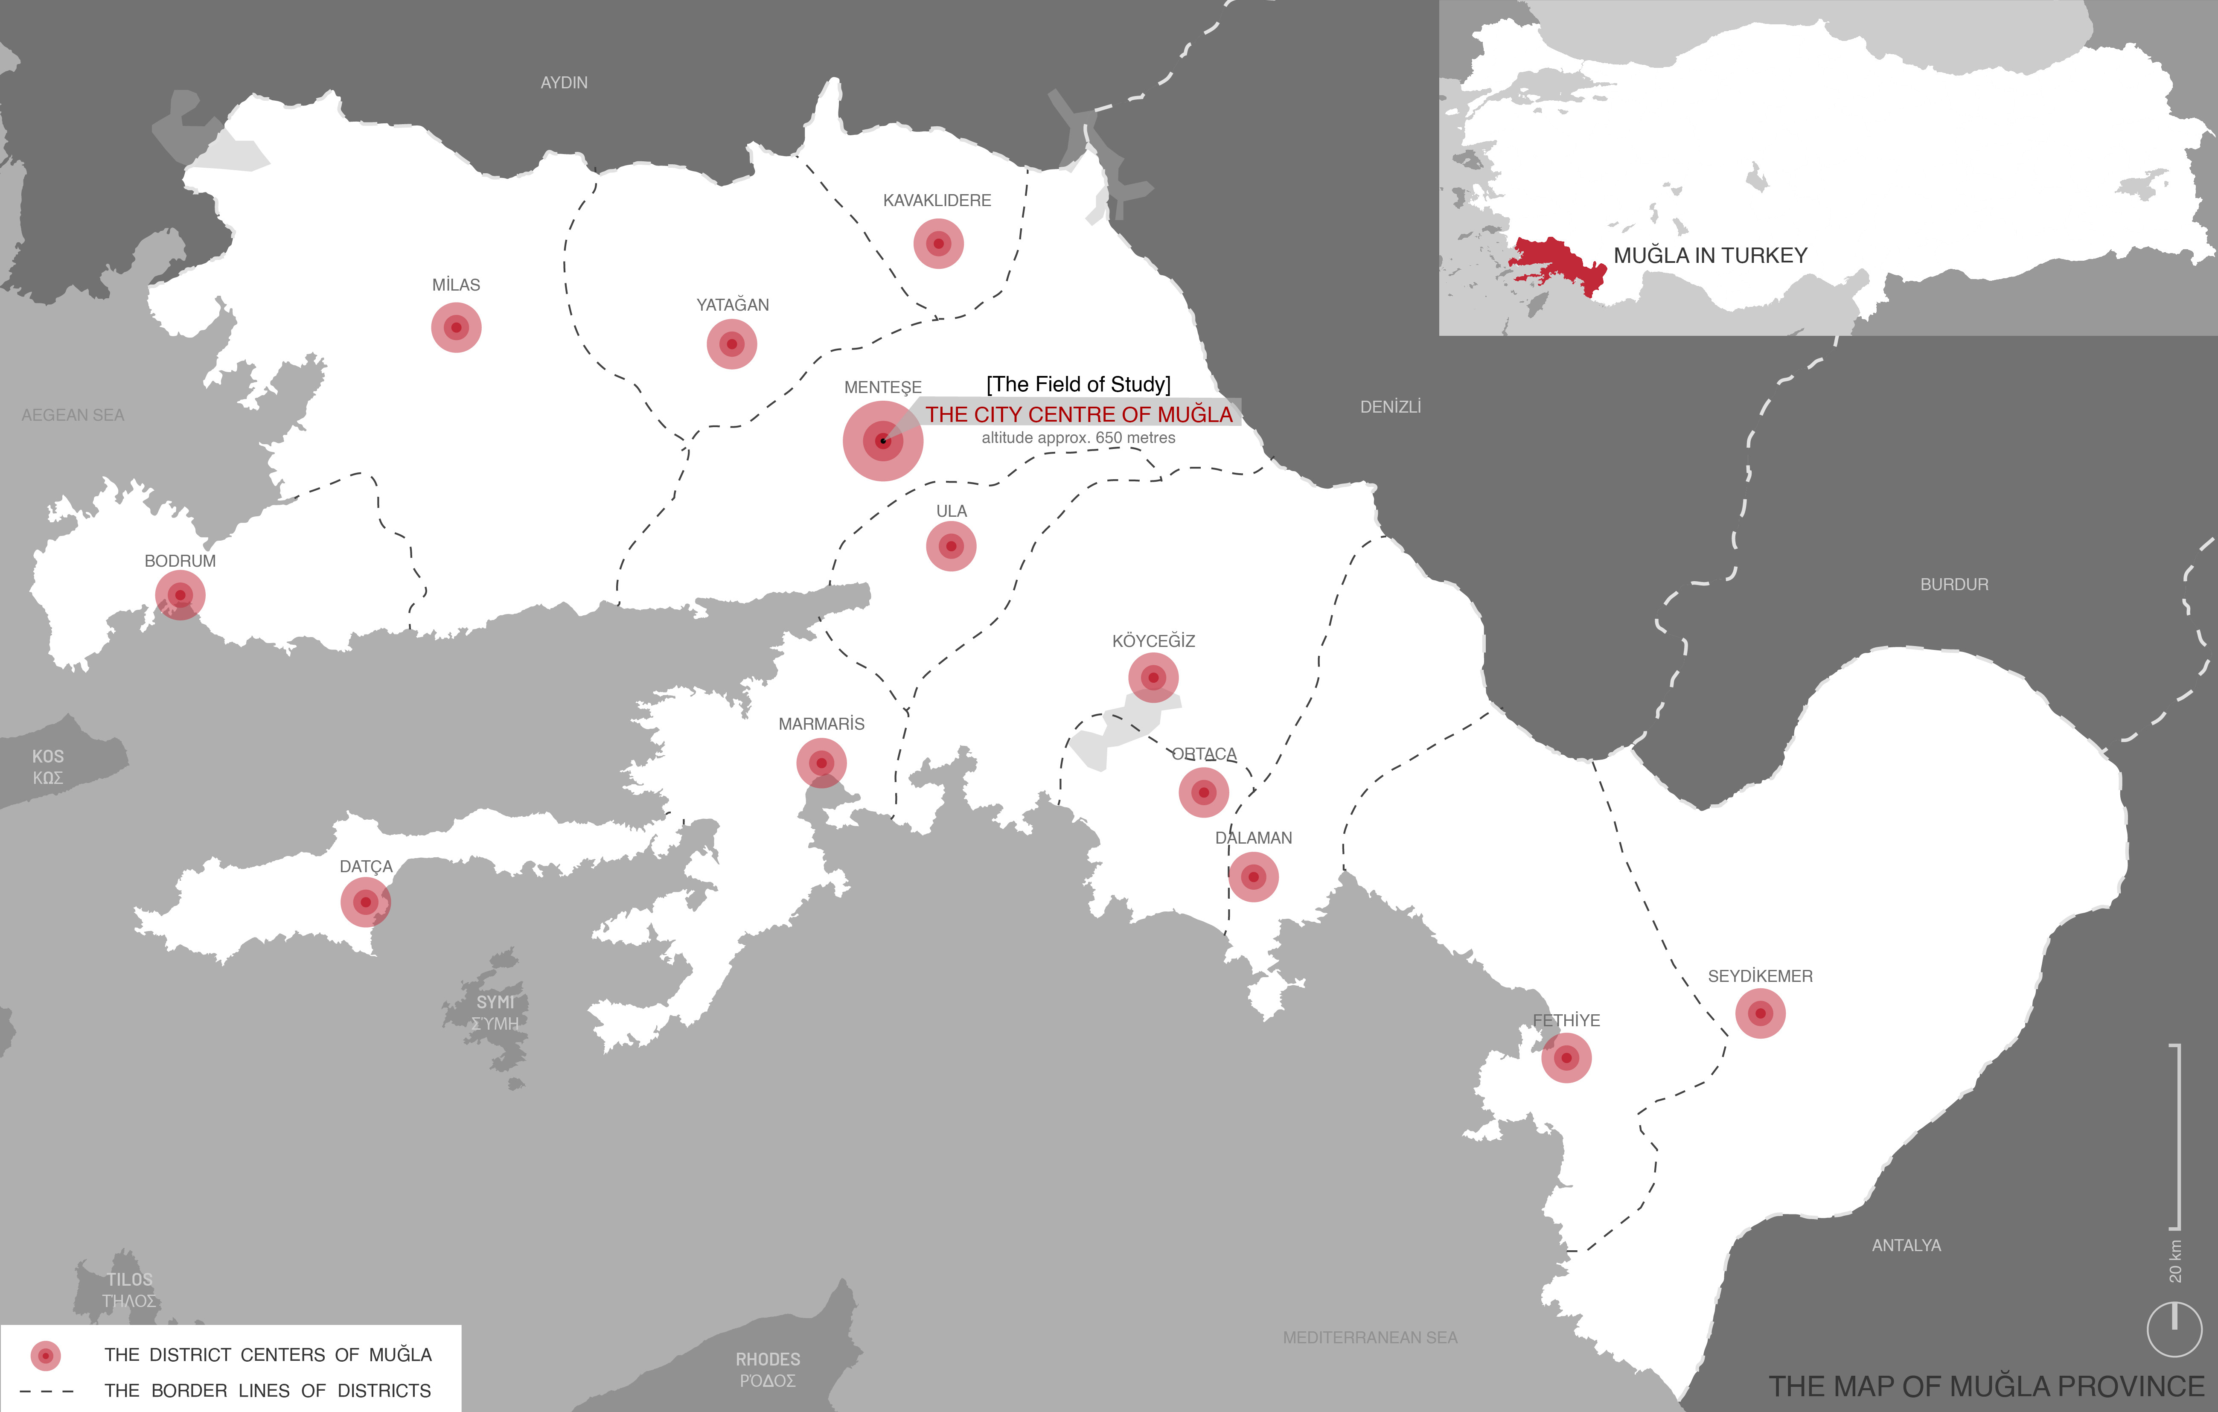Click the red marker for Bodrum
[180, 595]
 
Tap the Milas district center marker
[456, 327]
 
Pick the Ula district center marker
[951, 546]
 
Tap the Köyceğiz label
[1153, 641]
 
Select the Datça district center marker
[366, 902]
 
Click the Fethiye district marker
[1566, 1057]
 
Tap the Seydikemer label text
[1759, 976]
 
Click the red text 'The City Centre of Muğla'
[1079, 414]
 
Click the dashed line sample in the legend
[46, 1391]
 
